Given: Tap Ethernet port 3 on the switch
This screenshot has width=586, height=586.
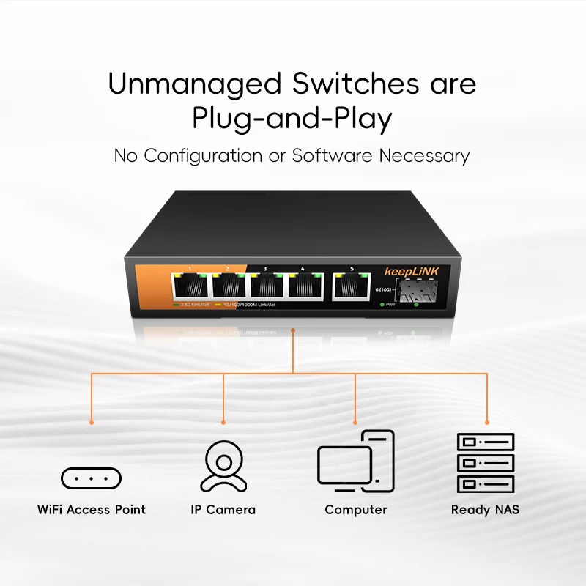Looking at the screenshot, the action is [x=267, y=286].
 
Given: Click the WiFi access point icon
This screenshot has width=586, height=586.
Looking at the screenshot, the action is [x=91, y=478].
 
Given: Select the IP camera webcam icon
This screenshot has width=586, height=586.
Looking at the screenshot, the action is [x=223, y=466].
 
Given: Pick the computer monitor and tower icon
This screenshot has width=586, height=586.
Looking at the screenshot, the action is [x=356, y=462].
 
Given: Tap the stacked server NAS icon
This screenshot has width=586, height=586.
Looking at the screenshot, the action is [x=486, y=462].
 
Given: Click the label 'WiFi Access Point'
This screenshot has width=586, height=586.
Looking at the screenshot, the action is [x=92, y=510].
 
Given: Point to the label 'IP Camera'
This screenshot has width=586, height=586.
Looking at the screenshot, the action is [x=223, y=510].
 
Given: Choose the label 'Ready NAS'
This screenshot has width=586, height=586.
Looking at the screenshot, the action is [x=485, y=510].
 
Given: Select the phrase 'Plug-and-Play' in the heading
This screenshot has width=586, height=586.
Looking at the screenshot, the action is [x=292, y=119].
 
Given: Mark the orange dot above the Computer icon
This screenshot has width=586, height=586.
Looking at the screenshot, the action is [x=355, y=423].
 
